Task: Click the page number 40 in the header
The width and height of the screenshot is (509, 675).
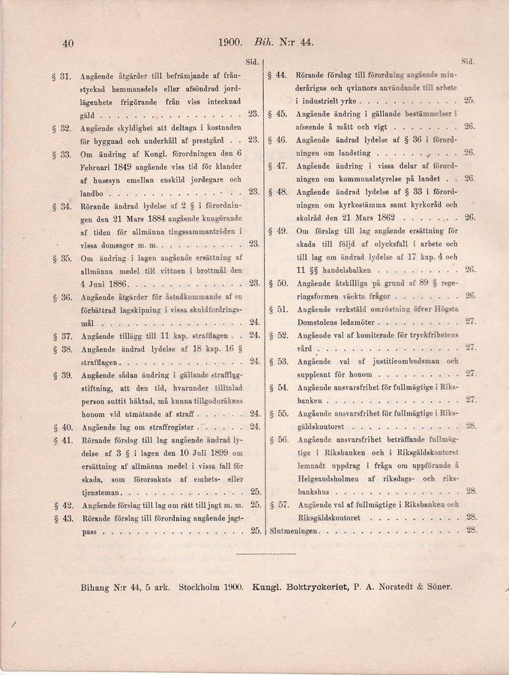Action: (x=67, y=43)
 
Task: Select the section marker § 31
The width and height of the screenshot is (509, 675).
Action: (x=64, y=76)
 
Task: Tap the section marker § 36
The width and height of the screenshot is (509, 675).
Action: (x=64, y=298)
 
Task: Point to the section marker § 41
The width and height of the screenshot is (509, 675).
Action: (x=64, y=440)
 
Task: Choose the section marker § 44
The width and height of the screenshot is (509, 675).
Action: (x=278, y=76)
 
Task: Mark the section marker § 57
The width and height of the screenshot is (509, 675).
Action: (x=278, y=505)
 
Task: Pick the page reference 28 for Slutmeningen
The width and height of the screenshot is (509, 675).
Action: (x=471, y=530)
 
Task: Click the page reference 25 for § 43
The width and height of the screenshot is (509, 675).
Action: (x=255, y=531)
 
